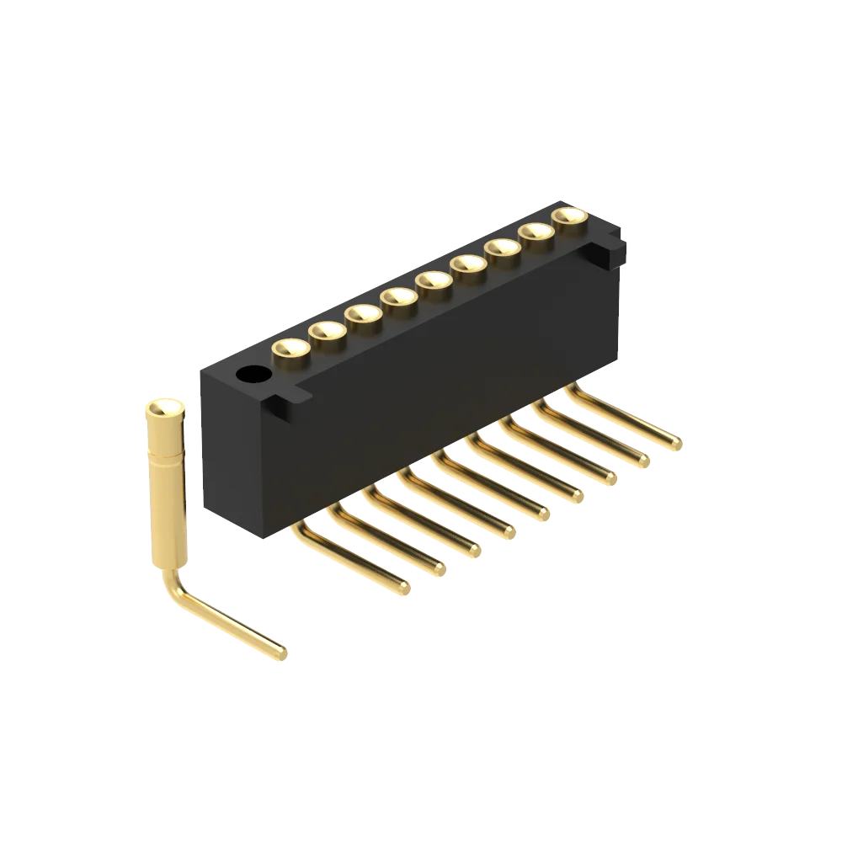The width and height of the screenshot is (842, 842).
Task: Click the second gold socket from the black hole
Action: click(x=327, y=330)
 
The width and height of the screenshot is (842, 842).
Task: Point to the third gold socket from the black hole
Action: click(x=362, y=313)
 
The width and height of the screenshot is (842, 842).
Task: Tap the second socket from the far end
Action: click(x=536, y=232)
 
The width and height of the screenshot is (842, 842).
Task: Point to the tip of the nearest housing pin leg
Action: click(x=405, y=588)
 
